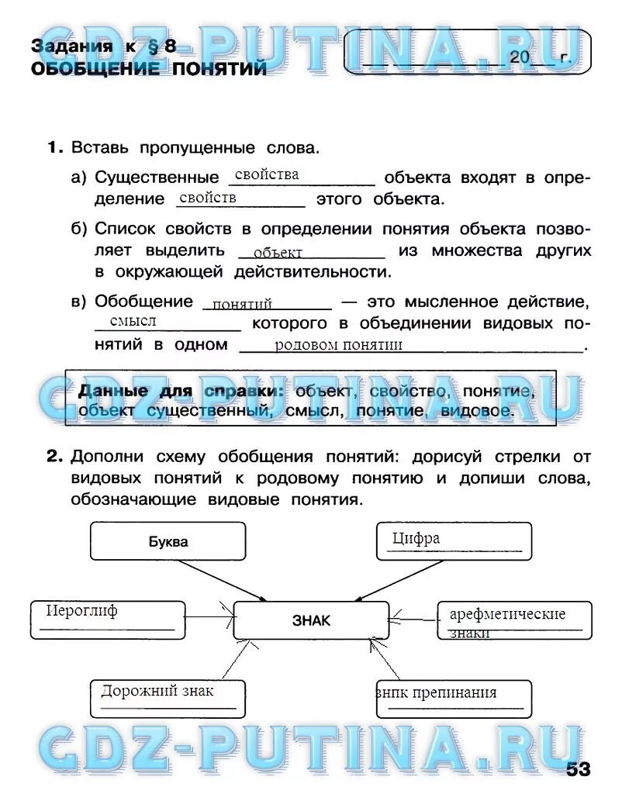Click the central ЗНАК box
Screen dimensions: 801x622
310,620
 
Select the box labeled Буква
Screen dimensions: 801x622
168,541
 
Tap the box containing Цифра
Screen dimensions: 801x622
454,541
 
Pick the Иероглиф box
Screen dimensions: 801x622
108,619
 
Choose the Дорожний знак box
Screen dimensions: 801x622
168,699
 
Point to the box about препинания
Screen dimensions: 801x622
454,699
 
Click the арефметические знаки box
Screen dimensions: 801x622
513,620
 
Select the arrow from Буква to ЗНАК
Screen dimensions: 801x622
225,580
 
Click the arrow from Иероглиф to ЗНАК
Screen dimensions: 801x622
209,617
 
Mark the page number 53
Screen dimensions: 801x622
578,769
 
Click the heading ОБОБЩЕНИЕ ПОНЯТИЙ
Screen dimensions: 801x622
149,69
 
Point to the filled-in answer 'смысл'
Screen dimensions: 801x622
133,321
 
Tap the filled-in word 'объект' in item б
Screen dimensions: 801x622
278,252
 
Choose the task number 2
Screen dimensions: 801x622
54,456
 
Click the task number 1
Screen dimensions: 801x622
54,147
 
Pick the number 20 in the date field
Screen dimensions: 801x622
519,57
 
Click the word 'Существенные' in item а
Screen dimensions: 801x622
157,178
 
